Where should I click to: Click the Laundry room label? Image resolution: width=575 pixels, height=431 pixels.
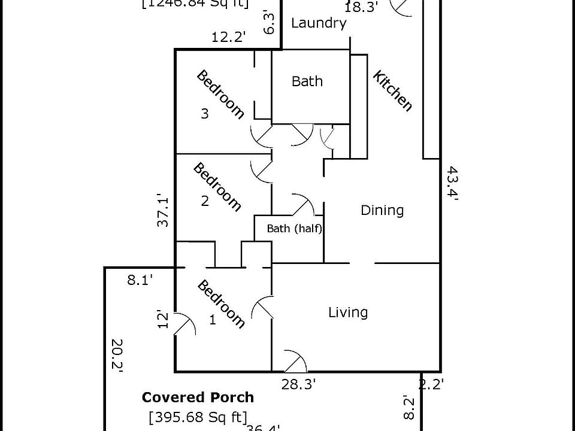[x=319, y=23]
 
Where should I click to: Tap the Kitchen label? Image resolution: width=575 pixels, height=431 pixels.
[x=393, y=91]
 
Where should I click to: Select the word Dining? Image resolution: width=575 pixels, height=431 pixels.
[x=382, y=210]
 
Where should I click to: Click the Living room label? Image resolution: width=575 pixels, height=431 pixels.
[x=348, y=312]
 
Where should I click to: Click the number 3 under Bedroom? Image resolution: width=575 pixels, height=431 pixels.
[x=205, y=114]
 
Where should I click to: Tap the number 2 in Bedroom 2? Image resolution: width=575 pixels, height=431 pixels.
[x=205, y=201]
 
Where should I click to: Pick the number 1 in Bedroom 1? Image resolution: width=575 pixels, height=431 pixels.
[x=212, y=320]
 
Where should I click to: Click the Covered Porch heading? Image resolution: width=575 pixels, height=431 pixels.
[x=198, y=397]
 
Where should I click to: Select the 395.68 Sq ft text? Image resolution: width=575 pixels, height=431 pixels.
[x=198, y=417]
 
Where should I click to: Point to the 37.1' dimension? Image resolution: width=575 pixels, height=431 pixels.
[x=162, y=210]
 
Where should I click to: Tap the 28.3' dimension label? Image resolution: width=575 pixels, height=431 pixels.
[x=298, y=384]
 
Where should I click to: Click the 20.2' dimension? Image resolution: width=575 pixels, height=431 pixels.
[x=116, y=356]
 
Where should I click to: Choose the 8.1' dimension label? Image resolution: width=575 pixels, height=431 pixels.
[x=140, y=279]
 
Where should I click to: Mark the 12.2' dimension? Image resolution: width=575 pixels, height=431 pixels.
[x=229, y=37]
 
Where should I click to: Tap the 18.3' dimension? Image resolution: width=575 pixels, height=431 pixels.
[x=362, y=7]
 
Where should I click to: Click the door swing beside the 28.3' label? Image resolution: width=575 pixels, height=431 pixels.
[x=295, y=361]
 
